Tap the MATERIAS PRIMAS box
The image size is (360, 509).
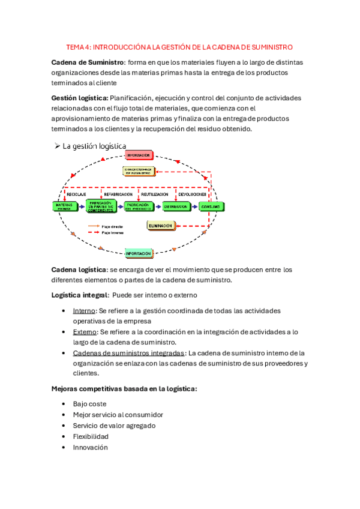tap(64, 206)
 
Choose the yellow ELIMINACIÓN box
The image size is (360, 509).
tap(161, 226)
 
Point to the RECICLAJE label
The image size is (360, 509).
tap(76, 194)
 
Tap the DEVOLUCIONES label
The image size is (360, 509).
tap(192, 194)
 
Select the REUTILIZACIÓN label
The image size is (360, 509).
tap(154, 194)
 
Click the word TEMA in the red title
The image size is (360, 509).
tap(75, 47)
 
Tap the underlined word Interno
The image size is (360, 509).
tap(83, 311)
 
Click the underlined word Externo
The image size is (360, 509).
tap(84, 332)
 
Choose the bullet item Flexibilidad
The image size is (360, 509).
tap(91, 436)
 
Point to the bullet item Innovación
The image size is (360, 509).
tap(90, 447)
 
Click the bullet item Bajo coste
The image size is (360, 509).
tap(89, 404)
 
